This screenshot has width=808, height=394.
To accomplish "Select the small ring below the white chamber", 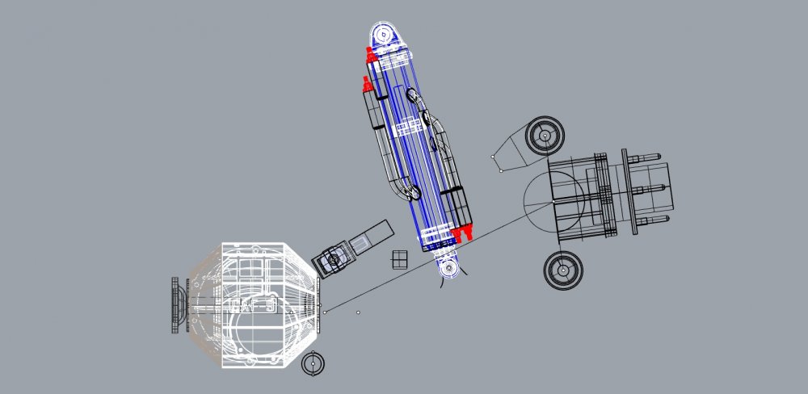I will [313, 364].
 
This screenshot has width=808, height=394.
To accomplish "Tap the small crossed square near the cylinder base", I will [399, 259].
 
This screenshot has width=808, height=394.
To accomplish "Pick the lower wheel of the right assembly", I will [563, 270].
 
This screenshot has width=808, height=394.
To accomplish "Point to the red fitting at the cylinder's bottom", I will [462, 234].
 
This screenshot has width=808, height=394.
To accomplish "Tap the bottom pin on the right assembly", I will [656, 217].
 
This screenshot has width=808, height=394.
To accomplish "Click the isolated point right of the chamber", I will [359, 311].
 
